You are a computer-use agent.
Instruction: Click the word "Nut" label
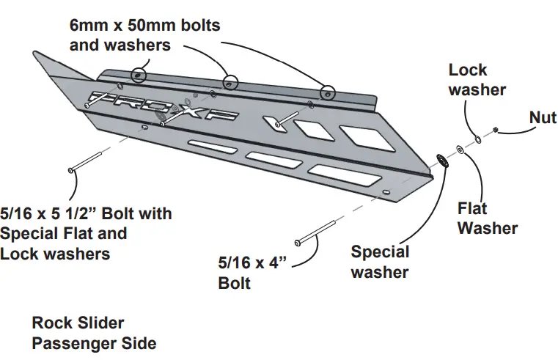coord(543,117)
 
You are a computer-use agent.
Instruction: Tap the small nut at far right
coord(496,130)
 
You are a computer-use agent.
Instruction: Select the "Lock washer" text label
coord(477,80)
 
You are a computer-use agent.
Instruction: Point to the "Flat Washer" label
coord(488,218)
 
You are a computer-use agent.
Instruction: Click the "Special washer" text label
coord(380,262)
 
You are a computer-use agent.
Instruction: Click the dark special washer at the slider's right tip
coord(442,160)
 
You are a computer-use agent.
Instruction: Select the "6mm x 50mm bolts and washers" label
coord(144,35)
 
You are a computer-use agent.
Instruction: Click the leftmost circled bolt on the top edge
coord(137,75)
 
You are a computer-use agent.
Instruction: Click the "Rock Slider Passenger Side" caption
coord(94,332)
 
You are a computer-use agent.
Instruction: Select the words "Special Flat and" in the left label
coord(64,234)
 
